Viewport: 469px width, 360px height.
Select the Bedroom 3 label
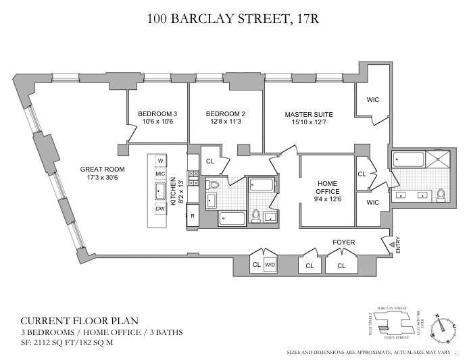click(157, 113)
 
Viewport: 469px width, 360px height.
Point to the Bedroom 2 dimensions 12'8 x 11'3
click(225, 122)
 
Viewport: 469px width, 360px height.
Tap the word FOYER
click(344, 241)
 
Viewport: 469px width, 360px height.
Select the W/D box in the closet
click(270, 265)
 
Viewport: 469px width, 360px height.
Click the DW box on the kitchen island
click(160, 209)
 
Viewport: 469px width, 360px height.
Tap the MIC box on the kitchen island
click(160, 174)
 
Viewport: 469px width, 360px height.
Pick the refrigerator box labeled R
click(193, 216)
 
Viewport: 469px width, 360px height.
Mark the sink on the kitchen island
click(160, 191)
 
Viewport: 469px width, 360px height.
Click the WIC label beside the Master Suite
click(372, 99)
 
